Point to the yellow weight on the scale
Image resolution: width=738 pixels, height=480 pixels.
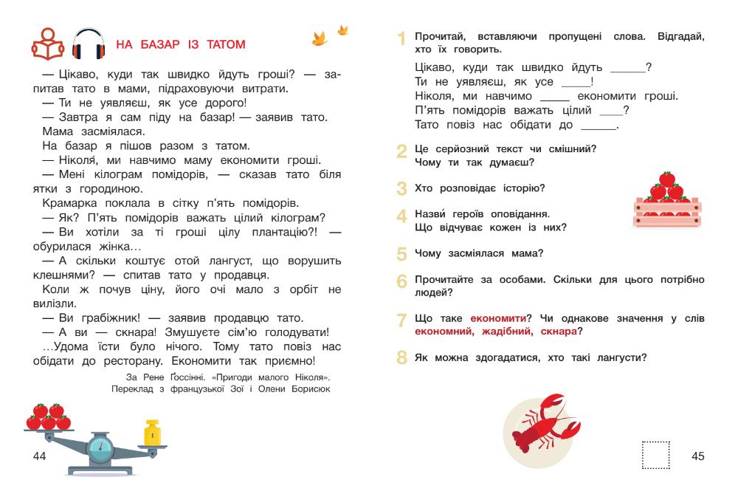[x=152, y=433]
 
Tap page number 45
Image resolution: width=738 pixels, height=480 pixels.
[x=697, y=456]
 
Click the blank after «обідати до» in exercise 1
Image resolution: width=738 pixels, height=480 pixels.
[x=603, y=126]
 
